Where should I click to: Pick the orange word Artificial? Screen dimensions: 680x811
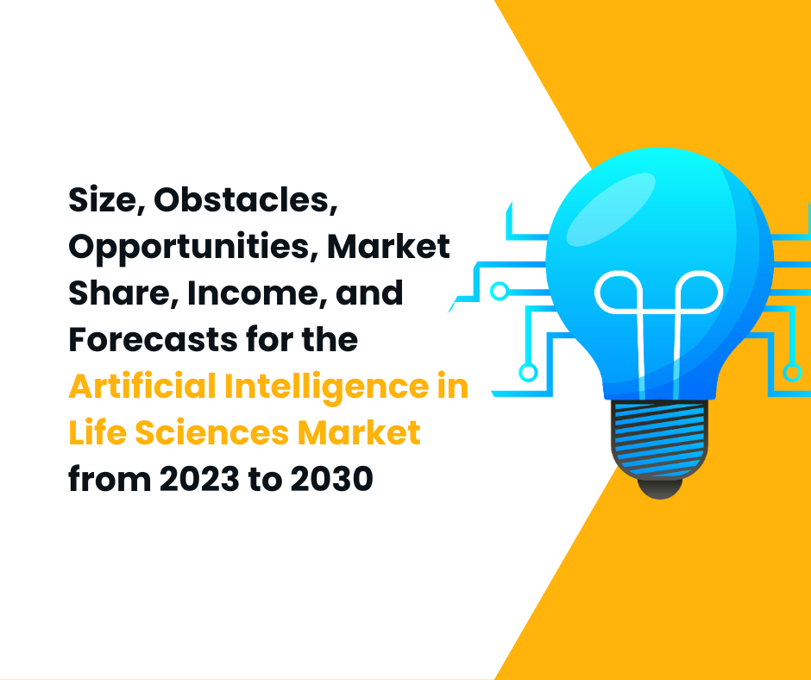(141, 387)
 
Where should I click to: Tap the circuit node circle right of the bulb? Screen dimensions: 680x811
(791, 372)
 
